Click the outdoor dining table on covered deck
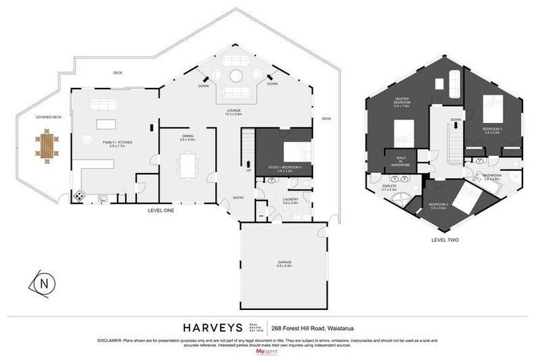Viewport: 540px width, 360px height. point(47,146)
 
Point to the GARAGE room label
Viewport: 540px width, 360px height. point(284,263)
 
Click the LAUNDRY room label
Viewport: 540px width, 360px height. point(290,200)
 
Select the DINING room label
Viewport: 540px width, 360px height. point(186,138)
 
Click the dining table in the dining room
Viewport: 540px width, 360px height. point(187,167)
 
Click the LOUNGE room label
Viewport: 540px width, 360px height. point(234,110)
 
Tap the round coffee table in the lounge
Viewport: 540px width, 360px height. point(236,76)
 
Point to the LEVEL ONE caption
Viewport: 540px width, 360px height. point(160,210)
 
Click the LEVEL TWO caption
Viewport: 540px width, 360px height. point(444,240)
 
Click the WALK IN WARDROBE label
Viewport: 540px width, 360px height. point(401,161)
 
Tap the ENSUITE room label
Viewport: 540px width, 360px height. point(390,188)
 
